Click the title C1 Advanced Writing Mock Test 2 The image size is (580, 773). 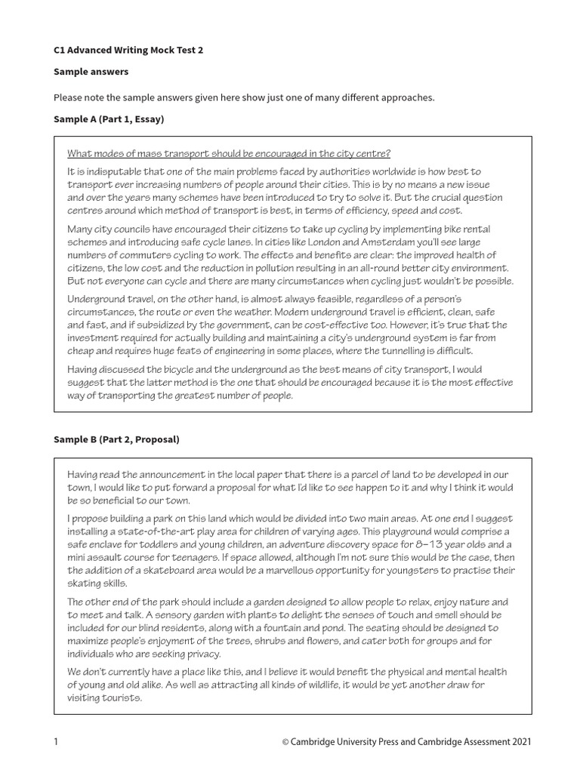coord(128,50)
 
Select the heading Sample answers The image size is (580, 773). coord(91,72)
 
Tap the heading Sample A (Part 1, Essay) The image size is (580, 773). coord(110,119)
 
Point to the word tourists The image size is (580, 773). coord(121,698)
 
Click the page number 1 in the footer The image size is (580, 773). coord(56,742)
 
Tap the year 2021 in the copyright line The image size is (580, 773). coord(520,742)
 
